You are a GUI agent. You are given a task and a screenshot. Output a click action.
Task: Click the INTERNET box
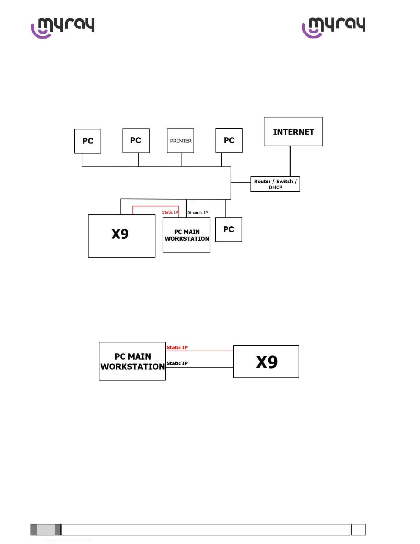coord(293,132)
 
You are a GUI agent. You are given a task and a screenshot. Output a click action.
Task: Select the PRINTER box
coord(180,141)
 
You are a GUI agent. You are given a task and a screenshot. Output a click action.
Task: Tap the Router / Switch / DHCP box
coord(275,184)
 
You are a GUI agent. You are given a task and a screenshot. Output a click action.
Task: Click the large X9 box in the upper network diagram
coord(121,236)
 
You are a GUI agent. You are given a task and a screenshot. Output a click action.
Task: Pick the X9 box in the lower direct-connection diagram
coord(266,362)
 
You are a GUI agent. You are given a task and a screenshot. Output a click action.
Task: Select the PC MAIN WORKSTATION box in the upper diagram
coord(186,235)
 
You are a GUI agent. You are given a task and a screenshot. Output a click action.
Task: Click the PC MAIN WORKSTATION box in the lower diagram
coord(132,361)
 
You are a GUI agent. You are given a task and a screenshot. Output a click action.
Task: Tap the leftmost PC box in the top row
coord(87,141)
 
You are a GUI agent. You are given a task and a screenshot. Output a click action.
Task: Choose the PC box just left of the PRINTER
coord(136,140)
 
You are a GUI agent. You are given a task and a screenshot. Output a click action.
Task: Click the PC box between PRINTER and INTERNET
coord(229,140)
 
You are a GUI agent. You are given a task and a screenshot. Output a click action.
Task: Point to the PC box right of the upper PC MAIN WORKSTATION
coord(229,229)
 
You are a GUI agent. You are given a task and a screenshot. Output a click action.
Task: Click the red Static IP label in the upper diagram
coord(170,212)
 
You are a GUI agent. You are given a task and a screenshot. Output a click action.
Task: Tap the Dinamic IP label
coord(197,213)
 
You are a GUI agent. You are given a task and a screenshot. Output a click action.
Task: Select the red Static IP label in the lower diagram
coord(177,348)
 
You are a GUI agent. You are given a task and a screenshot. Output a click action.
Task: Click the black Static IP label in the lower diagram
coord(177,363)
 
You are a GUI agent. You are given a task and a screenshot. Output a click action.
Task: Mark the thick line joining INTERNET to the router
coord(290,161)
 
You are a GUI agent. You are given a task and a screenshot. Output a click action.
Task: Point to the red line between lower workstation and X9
coord(199,351)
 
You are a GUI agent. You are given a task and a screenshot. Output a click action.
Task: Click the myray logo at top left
coord(63,27)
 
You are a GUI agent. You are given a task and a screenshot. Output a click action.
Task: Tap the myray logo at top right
coord(334,27)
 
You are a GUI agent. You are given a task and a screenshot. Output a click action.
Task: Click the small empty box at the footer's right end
coord(358,529)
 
